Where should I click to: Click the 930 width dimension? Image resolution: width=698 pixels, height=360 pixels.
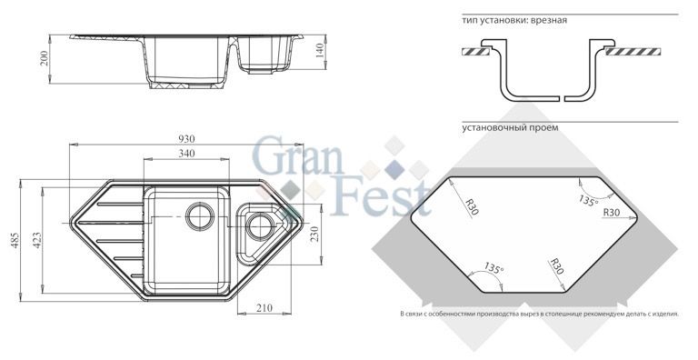tap(186, 139)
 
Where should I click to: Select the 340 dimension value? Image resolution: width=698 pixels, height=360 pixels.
tap(186, 154)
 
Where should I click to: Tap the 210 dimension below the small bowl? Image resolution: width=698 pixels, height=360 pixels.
tap(264, 308)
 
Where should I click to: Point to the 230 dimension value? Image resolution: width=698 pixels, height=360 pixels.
tap(314, 235)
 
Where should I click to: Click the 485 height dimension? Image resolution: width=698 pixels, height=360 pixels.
tap(15, 240)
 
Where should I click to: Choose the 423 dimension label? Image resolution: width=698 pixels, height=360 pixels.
tap(37, 240)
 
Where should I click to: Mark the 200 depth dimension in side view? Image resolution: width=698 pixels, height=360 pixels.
tap(44, 58)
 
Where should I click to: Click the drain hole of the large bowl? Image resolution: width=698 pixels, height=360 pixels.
tap(200, 216)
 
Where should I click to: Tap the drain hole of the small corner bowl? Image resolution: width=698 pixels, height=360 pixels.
tap(260, 225)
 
